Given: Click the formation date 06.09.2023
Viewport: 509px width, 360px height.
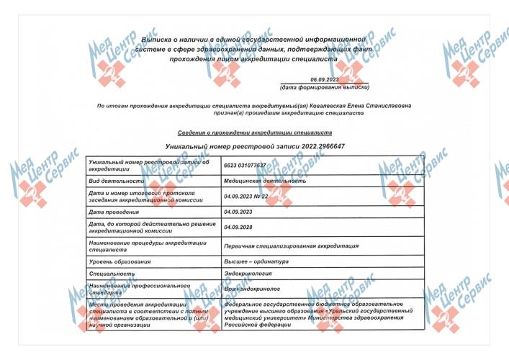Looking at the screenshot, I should [x=325, y=79].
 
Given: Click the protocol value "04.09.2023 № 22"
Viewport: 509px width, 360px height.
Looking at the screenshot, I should [x=246, y=196].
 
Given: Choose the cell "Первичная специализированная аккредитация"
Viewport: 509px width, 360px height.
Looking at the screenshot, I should [x=291, y=246].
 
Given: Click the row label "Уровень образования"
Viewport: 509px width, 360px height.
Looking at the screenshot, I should [x=120, y=261].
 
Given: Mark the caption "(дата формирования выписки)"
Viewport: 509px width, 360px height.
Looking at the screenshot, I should [x=325, y=88].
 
